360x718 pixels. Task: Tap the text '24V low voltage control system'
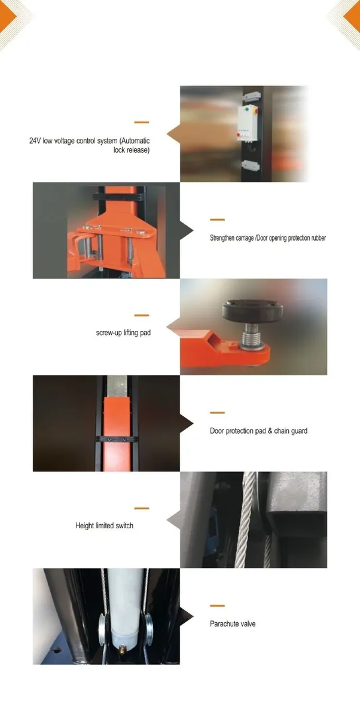pos(90,141)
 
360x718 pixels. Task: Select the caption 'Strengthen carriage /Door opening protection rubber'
pos(267,238)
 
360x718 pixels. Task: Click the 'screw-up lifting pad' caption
pos(123,331)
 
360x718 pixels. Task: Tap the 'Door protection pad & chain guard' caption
pos(258,430)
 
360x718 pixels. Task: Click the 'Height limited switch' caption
pos(104,525)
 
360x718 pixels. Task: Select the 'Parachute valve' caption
pos(233,623)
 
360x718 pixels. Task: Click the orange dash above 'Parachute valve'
pos(217,606)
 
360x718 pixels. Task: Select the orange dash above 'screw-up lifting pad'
pos(142,314)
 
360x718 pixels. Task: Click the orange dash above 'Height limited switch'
pos(142,508)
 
